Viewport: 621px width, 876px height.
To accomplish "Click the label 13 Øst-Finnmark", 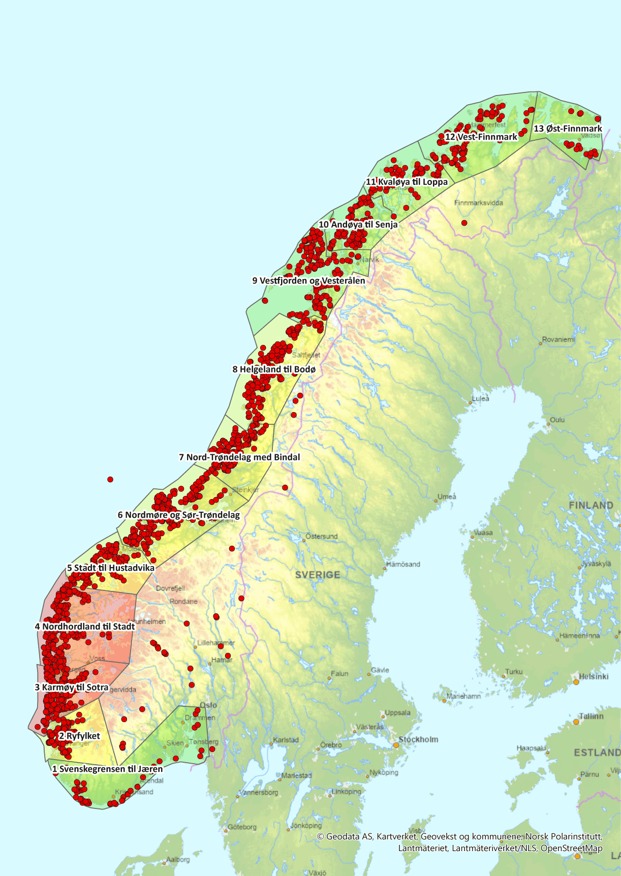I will (x=568, y=129).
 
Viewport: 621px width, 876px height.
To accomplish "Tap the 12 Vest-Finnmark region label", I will (x=481, y=137).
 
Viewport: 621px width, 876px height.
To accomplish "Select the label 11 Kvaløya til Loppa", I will (x=407, y=182).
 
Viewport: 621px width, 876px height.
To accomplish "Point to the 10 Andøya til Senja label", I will (x=358, y=225).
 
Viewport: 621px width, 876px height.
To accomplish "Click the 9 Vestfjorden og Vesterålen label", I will (x=308, y=280).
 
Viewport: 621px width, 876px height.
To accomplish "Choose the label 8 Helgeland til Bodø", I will (x=274, y=369).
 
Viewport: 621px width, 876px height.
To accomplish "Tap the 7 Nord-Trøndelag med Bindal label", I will (x=239, y=457).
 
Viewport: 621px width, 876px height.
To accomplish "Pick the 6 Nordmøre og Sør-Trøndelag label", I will (x=179, y=515).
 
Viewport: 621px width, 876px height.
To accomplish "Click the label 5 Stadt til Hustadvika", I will (x=111, y=568).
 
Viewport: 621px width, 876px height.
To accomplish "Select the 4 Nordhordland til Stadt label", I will (x=85, y=627).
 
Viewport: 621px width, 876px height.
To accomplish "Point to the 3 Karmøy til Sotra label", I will (x=72, y=687).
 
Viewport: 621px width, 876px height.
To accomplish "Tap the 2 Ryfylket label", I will (x=80, y=736).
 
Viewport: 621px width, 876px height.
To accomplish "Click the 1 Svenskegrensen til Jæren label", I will (x=107, y=769).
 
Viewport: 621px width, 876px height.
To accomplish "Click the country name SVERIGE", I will (x=318, y=575).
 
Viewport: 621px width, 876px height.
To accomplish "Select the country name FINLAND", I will (x=591, y=505).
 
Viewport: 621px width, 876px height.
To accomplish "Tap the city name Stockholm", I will (x=418, y=739).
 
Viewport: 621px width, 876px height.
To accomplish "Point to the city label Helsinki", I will (x=594, y=676).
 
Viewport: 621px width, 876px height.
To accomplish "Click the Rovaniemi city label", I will (x=558, y=339).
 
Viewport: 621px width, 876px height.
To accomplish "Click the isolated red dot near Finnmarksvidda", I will (x=464, y=223).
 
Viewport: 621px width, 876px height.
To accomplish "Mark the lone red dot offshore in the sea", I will (x=110, y=479).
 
